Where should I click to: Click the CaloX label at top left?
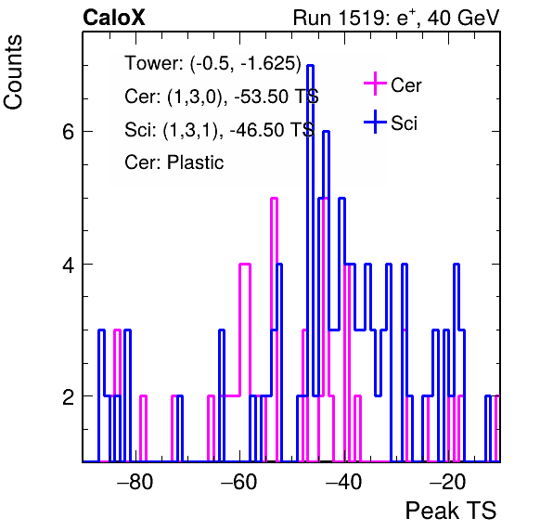114,18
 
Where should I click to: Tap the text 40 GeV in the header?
463,18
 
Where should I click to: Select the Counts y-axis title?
13,72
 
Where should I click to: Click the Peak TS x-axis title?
451,511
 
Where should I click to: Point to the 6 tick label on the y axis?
68,132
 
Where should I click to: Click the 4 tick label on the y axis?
68,265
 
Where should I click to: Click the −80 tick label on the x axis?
135,481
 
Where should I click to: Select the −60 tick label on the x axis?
239,481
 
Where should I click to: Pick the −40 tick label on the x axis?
343,481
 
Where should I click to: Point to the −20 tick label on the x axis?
447,481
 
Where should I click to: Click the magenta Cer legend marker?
375,84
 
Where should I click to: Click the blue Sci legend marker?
375,123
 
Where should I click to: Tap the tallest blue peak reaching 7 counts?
310,66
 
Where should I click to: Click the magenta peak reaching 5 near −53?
274,199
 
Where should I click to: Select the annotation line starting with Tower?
213,63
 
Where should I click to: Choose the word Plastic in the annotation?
196,162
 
